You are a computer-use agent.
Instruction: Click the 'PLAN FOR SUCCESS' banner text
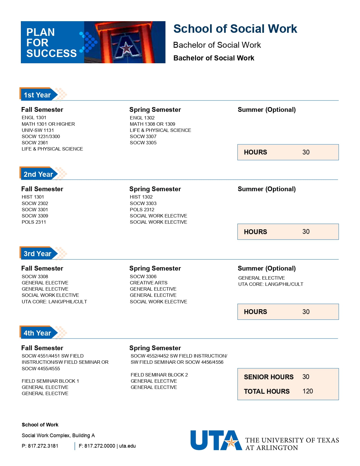coord(51,43)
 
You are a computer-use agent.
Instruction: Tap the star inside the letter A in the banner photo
coord(126,48)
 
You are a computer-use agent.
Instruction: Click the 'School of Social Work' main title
coord(235,29)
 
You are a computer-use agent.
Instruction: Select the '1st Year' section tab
coord(37,95)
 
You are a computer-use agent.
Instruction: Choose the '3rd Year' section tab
coord(37,254)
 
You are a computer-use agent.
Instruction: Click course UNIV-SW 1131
coord(38,130)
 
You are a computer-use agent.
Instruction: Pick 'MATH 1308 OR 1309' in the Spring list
coord(152,124)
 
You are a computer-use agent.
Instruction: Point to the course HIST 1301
coord(33,197)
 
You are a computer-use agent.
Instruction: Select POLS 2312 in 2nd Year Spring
coord(142,210)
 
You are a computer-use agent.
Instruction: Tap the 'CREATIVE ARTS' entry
coord(149,283)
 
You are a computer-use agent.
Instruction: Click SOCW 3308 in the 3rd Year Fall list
coord(35,276)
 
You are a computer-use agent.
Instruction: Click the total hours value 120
coord(307,391)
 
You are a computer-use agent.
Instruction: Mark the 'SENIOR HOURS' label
coord(269,377)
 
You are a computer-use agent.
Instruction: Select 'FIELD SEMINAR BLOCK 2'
coord(159,375)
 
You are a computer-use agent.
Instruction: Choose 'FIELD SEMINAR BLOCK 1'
coord(50,381)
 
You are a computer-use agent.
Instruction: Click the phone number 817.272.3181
coord(43,446)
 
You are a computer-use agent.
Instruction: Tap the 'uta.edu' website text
coord(127,446)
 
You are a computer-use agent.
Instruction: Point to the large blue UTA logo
coord(216,440)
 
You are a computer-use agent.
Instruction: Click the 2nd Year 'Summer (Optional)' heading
coord(267,189)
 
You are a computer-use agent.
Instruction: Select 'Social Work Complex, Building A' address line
coord(58,435)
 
